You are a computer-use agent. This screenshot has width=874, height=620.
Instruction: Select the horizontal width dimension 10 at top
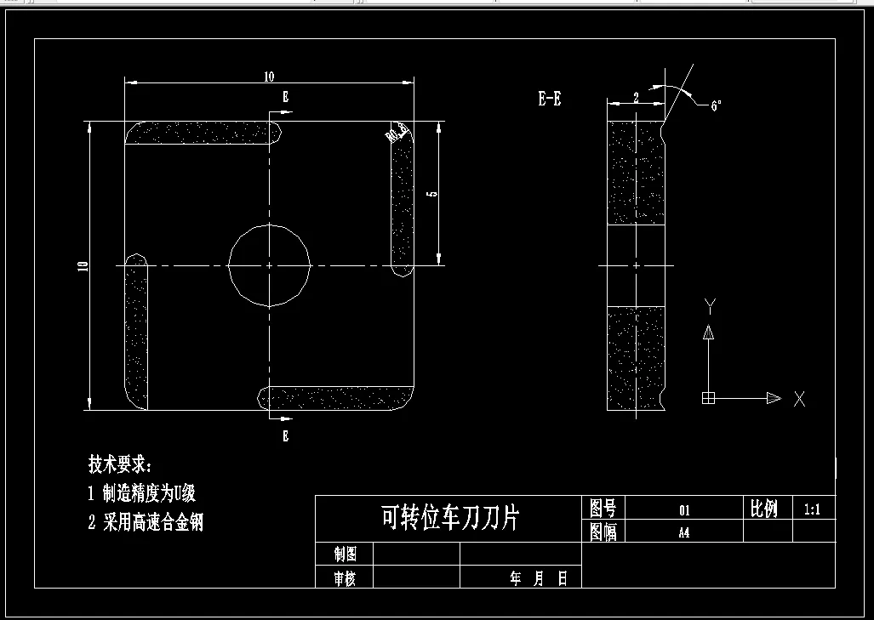(x=269, y=77)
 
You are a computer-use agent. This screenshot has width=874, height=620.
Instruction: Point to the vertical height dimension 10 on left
(x=83, y=266)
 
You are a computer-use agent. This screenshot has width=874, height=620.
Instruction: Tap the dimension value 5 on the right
(x=431, y=194)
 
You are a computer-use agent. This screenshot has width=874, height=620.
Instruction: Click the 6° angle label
(x=716, y=105)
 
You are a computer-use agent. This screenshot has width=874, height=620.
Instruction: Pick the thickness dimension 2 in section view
(x=636, y=98)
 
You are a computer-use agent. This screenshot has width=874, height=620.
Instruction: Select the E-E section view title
(x=549, y=99)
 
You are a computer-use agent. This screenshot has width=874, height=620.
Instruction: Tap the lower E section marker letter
(x=285, y=436)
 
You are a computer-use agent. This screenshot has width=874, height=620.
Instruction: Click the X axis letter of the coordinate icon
(x=799, y=398)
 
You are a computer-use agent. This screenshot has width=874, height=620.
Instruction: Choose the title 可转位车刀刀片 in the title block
(x=449, y=517)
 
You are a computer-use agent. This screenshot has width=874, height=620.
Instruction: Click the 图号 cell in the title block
(x=603, y=509)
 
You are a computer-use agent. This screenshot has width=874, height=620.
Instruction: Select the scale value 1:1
(x=811, y=510)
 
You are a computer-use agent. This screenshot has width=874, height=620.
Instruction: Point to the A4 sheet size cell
(x=683, y=533)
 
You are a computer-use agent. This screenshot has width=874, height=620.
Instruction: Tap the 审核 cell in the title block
(x=345, y=578)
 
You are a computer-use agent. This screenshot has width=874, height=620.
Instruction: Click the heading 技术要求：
(x=120, y=464)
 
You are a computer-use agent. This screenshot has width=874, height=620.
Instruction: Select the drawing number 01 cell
(x=683, y=510)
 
